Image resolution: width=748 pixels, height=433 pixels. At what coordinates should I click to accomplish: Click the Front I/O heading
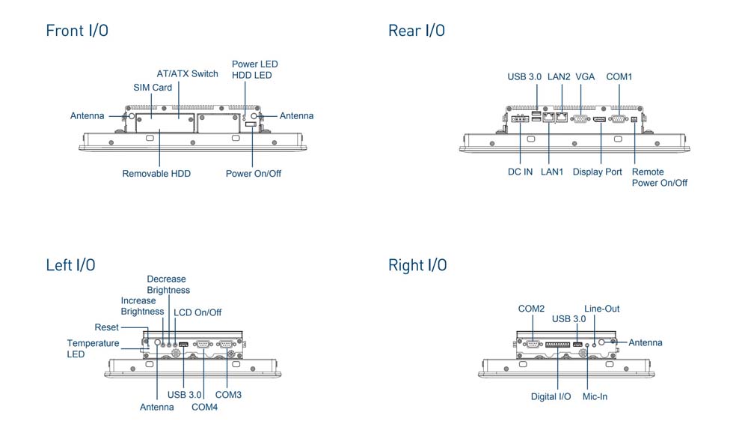(76, 31)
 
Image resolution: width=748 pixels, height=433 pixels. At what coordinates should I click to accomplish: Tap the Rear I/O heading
(416, 31)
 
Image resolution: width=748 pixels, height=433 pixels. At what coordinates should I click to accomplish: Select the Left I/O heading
(70, 265)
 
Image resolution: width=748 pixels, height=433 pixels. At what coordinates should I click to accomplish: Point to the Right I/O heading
(417, 265)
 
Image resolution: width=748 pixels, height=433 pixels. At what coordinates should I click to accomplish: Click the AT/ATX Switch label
(187, 74)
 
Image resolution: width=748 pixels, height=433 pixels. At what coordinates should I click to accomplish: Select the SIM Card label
(153, 88)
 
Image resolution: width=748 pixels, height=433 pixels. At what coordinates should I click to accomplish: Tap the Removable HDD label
(156, 174)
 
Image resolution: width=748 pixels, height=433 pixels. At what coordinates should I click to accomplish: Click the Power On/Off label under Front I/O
(254, 174)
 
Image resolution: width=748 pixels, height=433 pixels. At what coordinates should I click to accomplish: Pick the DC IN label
(520, 172)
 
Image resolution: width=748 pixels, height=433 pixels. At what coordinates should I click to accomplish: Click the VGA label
(586, 76)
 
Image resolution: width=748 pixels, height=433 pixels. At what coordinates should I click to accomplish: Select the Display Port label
(597, 172)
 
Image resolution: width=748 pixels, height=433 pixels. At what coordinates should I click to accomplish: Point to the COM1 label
(619, 76)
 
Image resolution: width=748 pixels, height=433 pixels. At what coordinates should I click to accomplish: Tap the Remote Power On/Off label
(659, 178)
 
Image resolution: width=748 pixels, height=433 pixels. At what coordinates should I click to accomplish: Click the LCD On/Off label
(197, 312)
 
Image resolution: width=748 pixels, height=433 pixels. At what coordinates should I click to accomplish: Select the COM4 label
(204, 408)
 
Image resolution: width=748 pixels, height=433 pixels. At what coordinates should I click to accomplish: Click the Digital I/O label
(551, 396)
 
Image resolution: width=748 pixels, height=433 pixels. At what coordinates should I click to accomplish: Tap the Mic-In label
(595, 396)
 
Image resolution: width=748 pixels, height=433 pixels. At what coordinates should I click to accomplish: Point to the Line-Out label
(601, 309)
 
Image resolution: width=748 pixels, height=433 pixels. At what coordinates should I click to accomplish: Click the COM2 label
(531, 309)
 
